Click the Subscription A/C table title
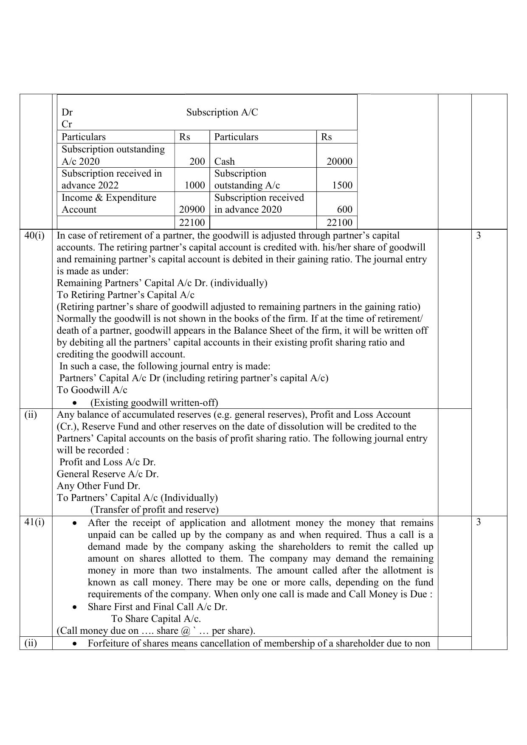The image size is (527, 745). coord(222,112)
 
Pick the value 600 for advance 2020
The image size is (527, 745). coord(344,210)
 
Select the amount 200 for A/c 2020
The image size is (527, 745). coord(197,162)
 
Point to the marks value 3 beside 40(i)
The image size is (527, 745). coord(479,236)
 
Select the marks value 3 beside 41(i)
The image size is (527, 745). coord(479,522)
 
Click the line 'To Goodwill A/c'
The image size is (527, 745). coord(92,390)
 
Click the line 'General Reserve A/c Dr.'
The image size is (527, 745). coord(108,474)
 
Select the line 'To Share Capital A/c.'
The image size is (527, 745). coord(156,618)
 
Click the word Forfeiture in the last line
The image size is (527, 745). coord(106,643)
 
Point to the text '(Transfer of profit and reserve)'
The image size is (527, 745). coord(155,509)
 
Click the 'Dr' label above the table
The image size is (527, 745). coord(67,112)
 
